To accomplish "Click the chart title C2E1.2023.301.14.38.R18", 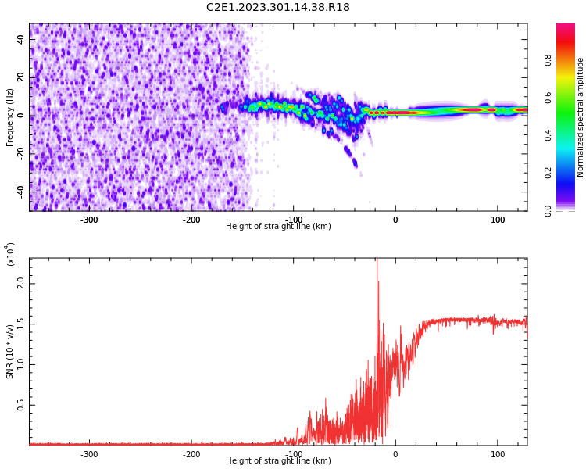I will click(277, 8).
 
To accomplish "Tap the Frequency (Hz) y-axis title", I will click(10, 117).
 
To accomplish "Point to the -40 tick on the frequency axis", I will click(19, 192).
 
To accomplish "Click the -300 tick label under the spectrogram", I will click(89, 220).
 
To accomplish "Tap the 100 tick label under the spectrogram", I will click(498, 220).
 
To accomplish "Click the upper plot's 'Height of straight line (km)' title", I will click(278, 227).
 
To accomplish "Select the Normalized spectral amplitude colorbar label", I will click(581, 117).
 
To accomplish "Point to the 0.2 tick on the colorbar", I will click(570, 174).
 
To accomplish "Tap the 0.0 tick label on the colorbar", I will click(570, 210).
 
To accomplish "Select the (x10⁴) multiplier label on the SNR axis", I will click(10, 254).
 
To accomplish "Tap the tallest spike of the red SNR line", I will click(377, 261).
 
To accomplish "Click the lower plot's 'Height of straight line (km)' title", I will click(278, 461).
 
